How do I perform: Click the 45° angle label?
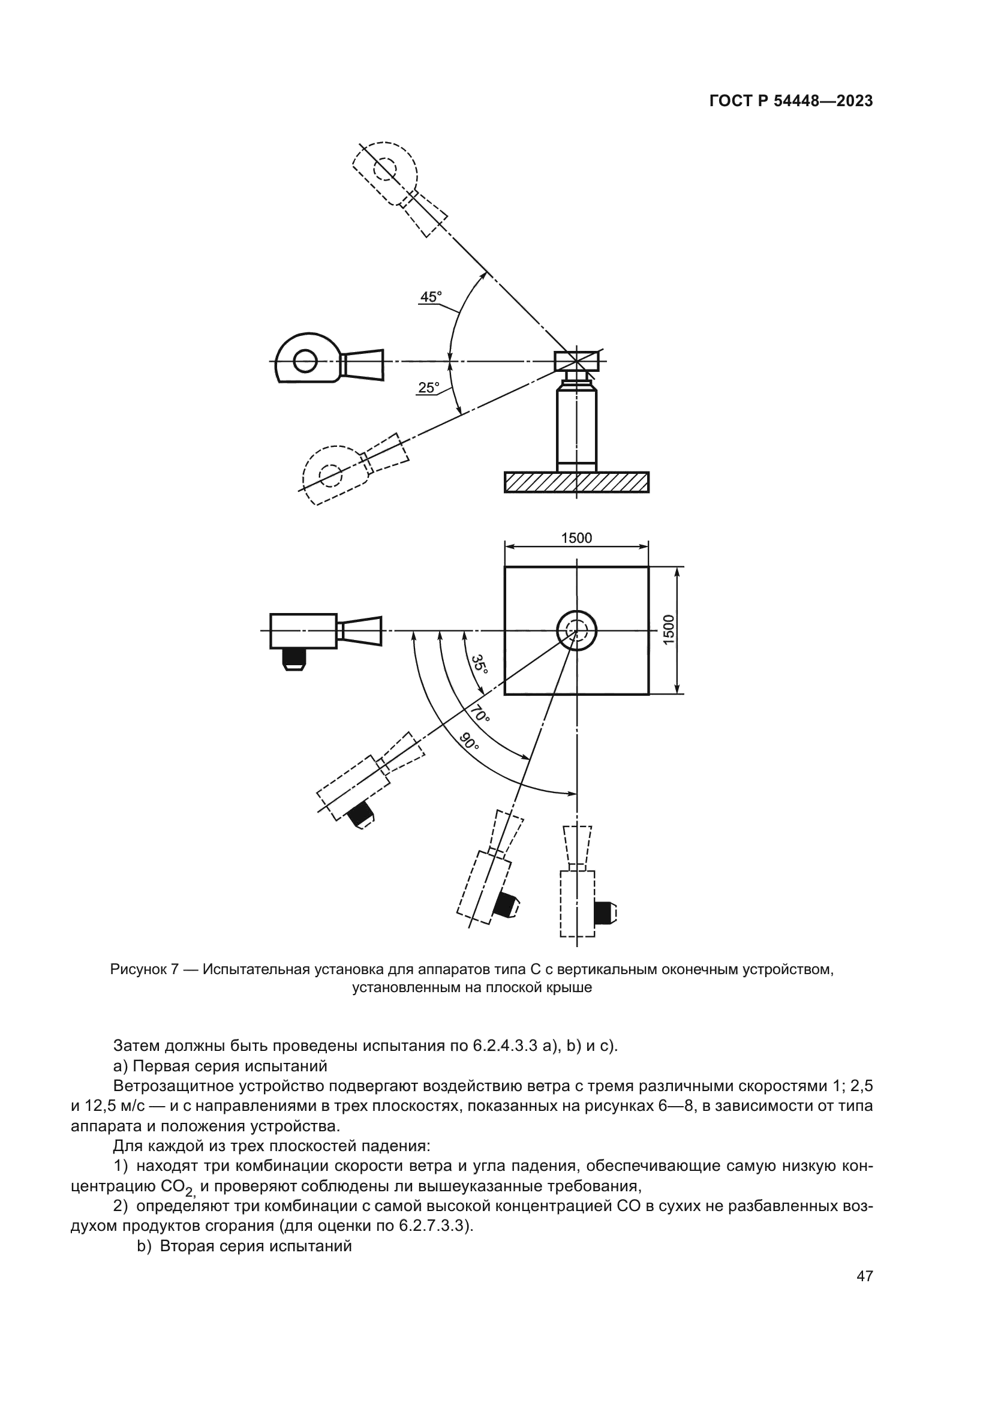click(x=430, y=297)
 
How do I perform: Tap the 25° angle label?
click(x=428, y=387)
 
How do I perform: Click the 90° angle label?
click(x=469, y=742)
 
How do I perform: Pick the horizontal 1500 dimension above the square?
click(x=576, y=537)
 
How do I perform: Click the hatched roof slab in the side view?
click(x=576, y=482)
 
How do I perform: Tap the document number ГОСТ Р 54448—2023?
click(x=790, y=101)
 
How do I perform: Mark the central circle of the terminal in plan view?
click(x=576, y=630)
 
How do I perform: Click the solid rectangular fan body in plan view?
click(x=303, y=630)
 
